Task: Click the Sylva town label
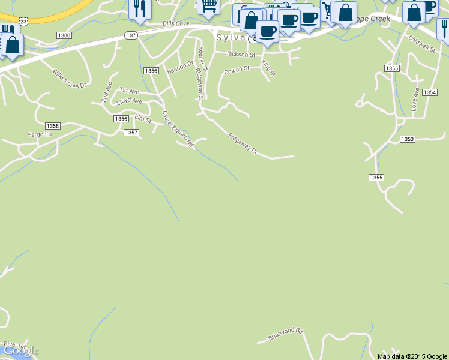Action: [x=231, y=37]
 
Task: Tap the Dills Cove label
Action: [x=175, y=24]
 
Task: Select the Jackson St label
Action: [x=240, y=54]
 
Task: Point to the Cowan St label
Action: [x=236, y=70]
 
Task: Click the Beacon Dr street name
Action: [x=181, y=67]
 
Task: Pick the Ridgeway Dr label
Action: [x=243, y=144]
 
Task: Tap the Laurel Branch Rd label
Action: [x=178, y=128]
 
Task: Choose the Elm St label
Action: [x=143, y=118]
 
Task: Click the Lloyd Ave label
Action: [x=130, y=101]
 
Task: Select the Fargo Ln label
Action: [x=40, y=134]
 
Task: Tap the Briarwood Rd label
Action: [x=286, y=334]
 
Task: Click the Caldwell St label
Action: [x=421, y=46]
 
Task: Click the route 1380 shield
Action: [x=64, y=35]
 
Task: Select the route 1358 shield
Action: [x=53, y=125]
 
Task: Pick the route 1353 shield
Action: [x=407, y=139]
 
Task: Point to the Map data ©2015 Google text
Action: [x=412, y=356]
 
